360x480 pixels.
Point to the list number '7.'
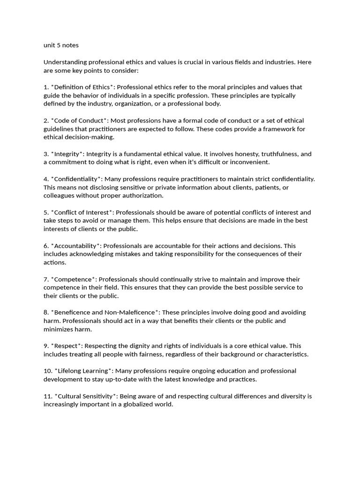[x=46, y=279]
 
